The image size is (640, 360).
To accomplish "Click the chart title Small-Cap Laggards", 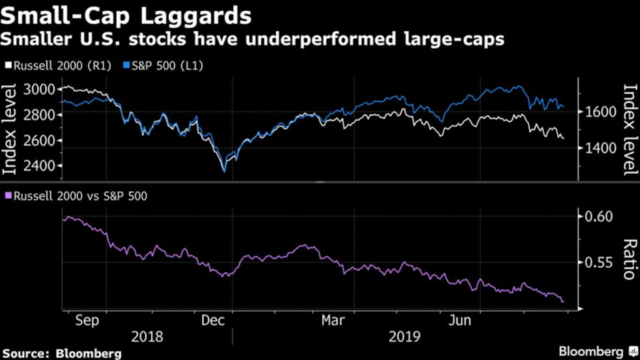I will click(127, 15).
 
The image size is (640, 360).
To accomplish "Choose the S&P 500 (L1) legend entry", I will click(164, 66).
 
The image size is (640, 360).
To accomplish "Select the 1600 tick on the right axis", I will click(599, 111).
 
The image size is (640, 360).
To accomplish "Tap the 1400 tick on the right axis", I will click(599, 148).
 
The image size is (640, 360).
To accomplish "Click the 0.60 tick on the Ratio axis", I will click(599, 217).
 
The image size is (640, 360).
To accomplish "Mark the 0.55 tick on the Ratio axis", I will click(599, 262).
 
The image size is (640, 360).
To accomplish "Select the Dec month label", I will click(214, 319).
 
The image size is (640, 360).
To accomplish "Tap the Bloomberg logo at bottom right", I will click(594, 351).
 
